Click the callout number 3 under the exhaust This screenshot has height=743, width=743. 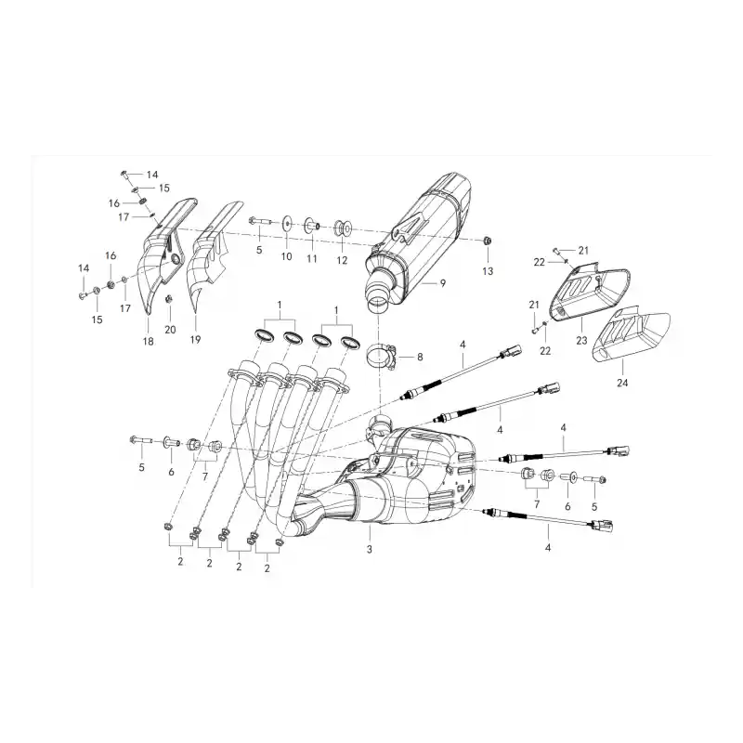[369, 549]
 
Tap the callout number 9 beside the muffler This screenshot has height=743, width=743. [443, 283]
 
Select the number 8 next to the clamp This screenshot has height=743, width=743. [420, 357]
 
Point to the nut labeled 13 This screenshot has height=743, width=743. [487, 241]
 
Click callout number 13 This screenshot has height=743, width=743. [488, 271]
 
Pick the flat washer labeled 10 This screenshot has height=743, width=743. [287, 223]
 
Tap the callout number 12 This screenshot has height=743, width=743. [342, 260]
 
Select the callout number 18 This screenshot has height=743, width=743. [148, 341]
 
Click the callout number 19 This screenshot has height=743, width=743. [195, 339]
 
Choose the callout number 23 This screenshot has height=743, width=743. [581, 340]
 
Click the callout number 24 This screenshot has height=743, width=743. [622, 382]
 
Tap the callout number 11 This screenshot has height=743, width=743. [311, 259]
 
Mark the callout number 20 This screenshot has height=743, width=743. [170, 330]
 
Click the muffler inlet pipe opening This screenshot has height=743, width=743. [379, 304]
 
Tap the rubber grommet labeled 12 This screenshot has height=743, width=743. [344, 228]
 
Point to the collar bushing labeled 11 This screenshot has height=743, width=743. [311, 224]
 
